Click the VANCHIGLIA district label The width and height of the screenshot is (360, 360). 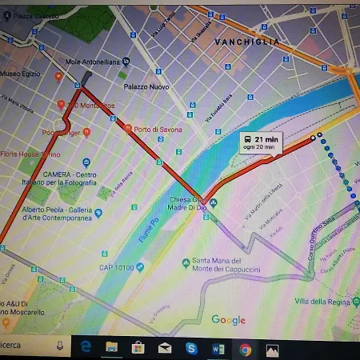pos(246,41)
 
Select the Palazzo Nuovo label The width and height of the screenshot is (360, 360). pos(142,86)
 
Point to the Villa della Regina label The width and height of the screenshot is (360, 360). pos(322,301)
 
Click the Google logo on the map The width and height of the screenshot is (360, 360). pos(228,320)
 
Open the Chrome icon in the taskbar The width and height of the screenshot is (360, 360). pos(245,349)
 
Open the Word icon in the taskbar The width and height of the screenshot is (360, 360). pos(218,349)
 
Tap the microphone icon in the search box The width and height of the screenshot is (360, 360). pos(59,346)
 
